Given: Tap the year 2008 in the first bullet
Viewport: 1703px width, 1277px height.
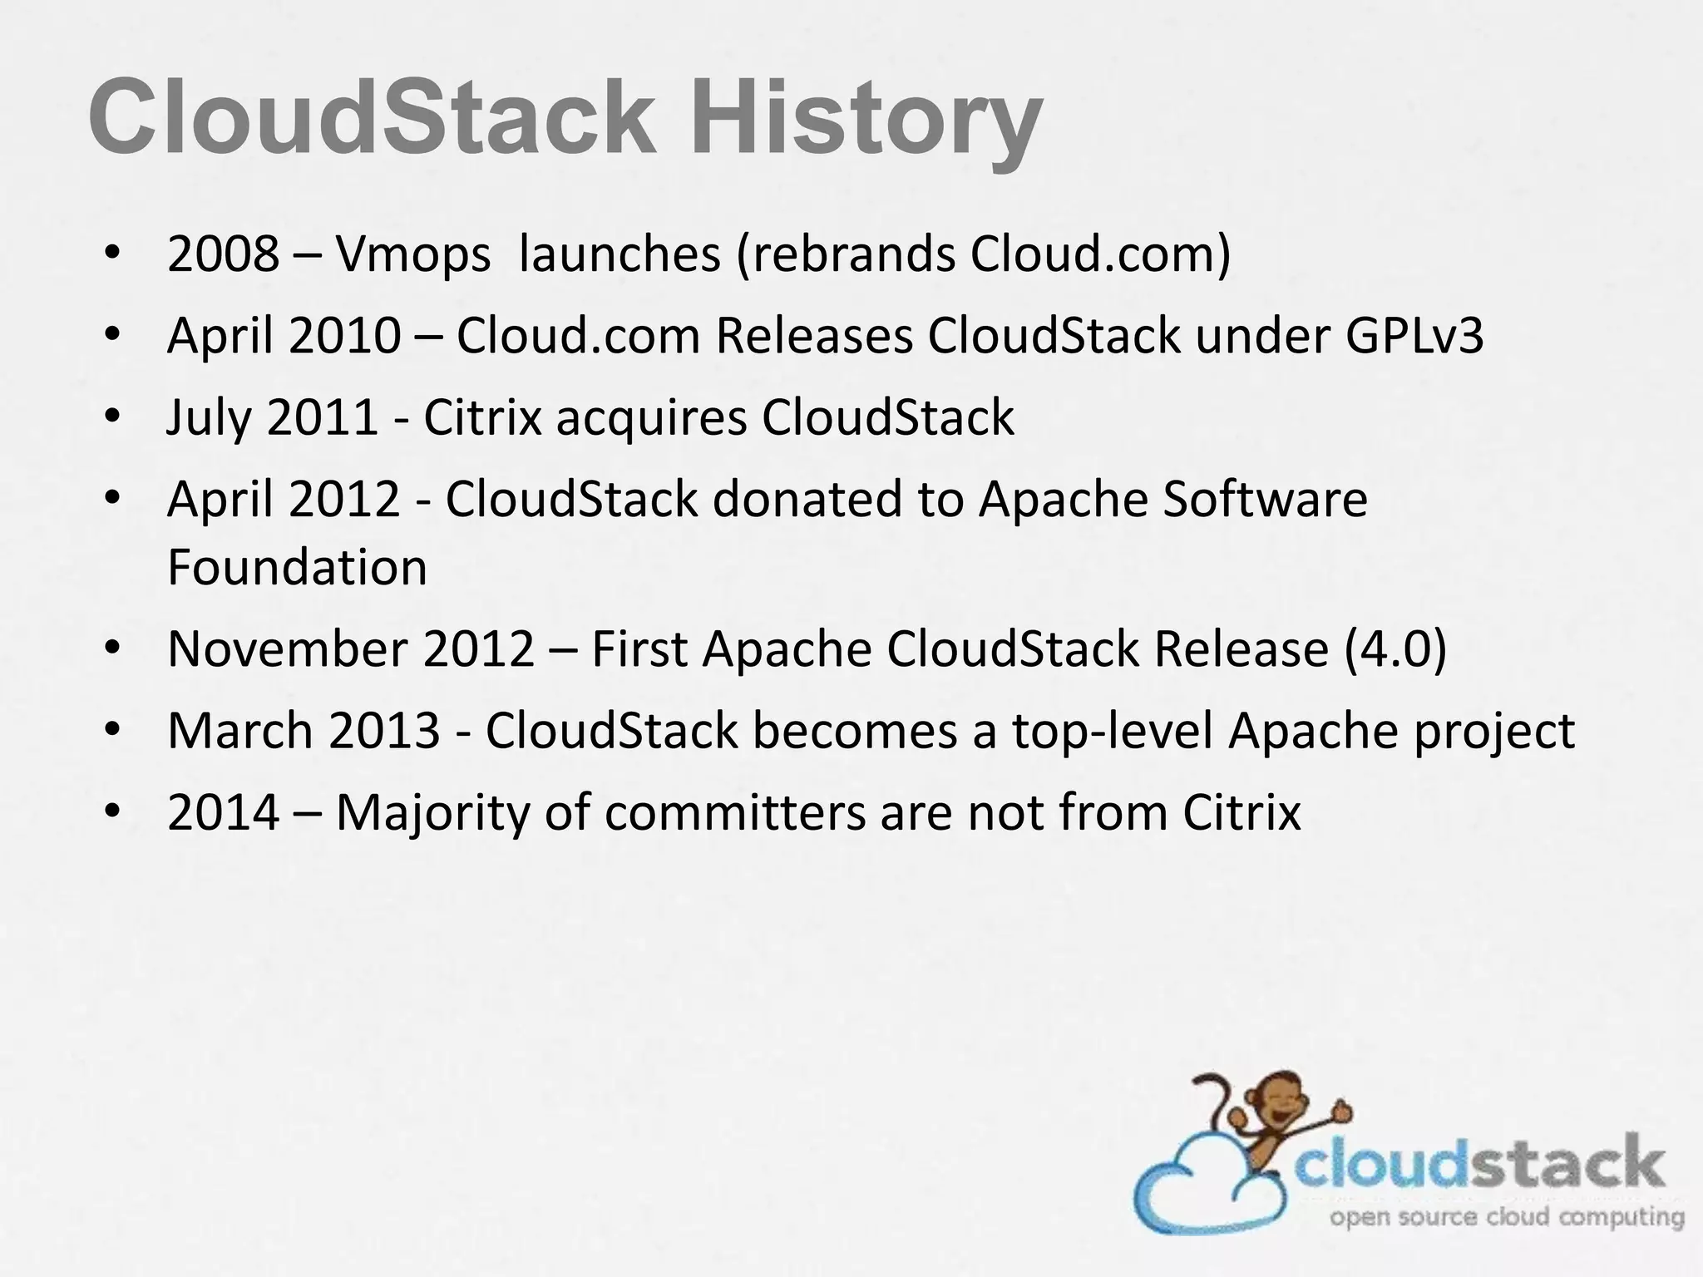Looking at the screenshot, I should tap(222, 254).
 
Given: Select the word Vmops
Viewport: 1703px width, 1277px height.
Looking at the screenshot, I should tap(412, 255).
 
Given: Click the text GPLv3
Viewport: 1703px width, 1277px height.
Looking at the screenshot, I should tap(1413, 336).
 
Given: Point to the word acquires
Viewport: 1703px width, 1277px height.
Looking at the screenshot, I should tap(651, 418).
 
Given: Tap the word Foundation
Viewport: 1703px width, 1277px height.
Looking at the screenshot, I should tap(297, 567).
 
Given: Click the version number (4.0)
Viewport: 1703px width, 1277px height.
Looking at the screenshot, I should tap(1395, 649).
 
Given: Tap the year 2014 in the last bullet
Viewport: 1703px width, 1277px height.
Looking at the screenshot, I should tap(222, 812).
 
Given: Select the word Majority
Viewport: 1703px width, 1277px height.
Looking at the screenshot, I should tap(432, 813).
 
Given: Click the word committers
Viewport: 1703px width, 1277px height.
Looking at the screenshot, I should tap(735, 812).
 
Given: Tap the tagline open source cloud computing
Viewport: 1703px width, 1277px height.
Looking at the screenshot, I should tap(1506, 1218).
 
